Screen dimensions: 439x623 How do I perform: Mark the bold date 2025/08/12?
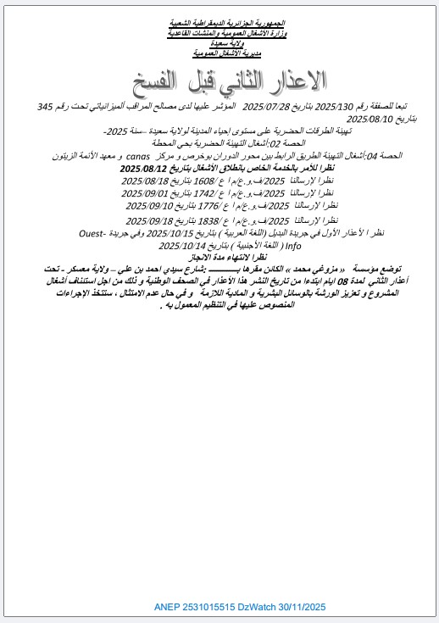[144, 169]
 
